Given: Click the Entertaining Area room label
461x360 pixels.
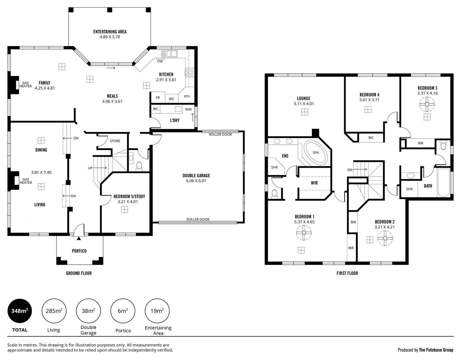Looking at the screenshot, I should [110, 32].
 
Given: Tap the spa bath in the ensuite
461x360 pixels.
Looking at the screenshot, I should [316, 153].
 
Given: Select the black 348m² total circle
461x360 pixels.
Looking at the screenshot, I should [20, 311].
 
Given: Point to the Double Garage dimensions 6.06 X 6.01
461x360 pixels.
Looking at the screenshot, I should [196, 181].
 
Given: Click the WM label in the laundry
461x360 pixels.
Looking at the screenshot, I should [188, 109].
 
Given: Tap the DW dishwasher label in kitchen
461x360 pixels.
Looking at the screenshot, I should [160, 61].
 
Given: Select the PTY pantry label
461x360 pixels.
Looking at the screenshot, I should [187, 97].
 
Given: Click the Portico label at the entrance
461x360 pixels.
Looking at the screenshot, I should [79, 251].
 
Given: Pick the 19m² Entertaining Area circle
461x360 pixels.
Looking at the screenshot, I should [157, 311].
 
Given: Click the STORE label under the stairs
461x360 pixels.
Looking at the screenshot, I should [115, 141].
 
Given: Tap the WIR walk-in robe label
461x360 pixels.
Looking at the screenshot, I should [314, 183].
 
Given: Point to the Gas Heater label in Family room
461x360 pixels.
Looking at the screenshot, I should [26, 85].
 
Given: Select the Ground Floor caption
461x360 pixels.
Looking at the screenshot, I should [79, 273].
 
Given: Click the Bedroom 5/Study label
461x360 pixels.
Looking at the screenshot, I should [129, 196].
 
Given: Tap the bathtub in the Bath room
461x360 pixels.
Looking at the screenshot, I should [444, 182].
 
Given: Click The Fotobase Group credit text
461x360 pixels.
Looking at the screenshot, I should [436, 350].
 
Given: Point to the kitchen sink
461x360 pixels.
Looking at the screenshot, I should [169, 54].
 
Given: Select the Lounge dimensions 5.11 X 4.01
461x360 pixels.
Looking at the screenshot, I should [304, 104].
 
